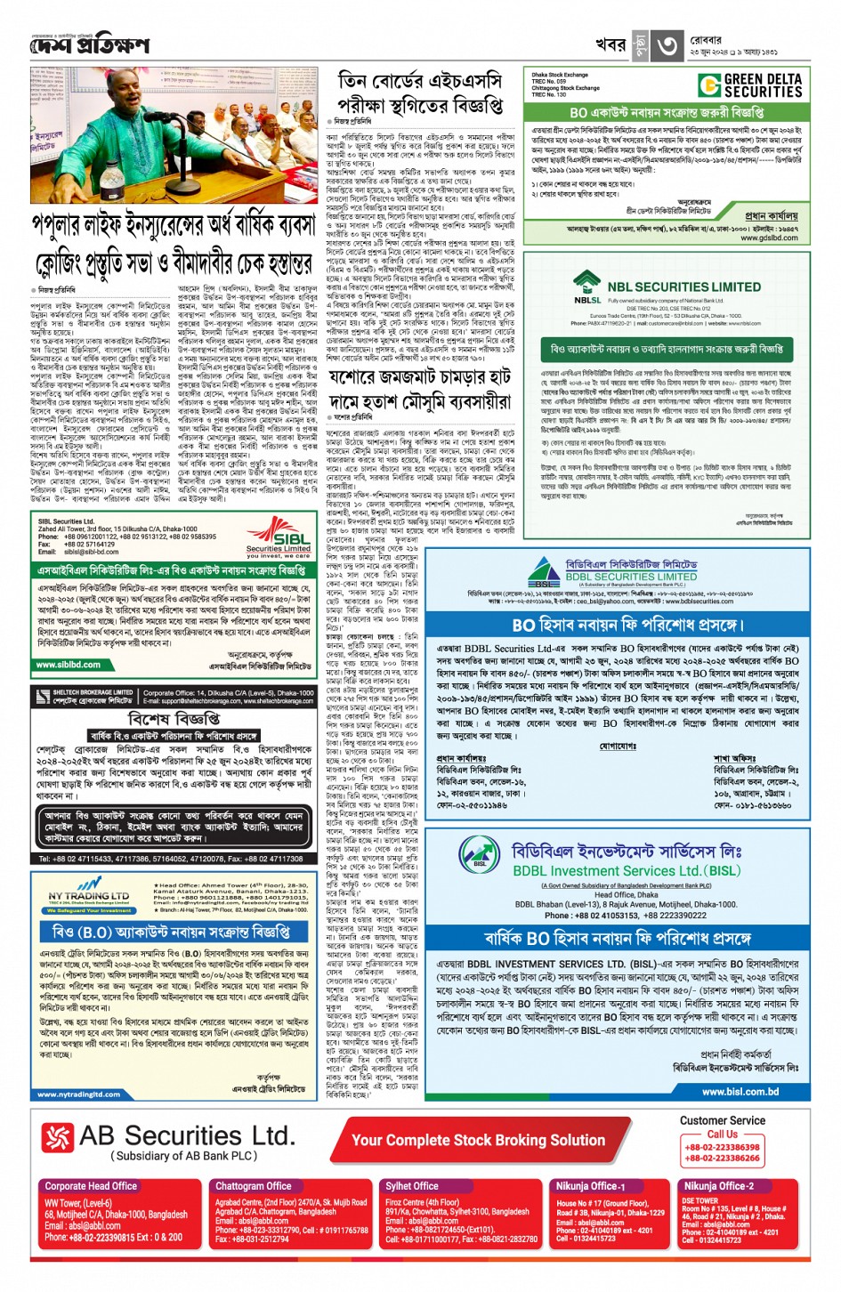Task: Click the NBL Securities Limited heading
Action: tap(683, 287)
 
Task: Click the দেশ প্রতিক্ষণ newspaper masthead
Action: tap(89, 44)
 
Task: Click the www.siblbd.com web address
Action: tap(68, 665)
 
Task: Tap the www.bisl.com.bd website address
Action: tap(740, 1092)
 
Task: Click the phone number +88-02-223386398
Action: tap(722, 1147)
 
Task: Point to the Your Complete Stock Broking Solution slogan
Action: tap(478, 1140)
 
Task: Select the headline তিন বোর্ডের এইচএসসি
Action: tap(420, 81)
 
